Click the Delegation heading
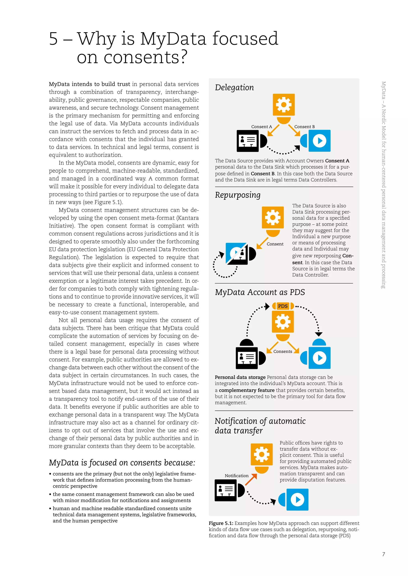(x=234, y=88)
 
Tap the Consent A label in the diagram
(x=262, y=127)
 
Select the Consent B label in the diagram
(x=304, y=127)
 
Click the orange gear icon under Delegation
(x=284, y=105)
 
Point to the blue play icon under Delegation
(x=319, y=141)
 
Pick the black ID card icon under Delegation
(x=248, y=141)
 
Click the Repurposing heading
(x=238, y=195)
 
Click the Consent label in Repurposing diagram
(x=275, y=244)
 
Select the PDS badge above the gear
(x=283, y=306)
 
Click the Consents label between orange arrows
(x=283, y=351)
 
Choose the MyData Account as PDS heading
(x=260, y=292)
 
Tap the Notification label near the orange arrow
(x=236, y=476)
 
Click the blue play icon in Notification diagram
(x=297, y=499)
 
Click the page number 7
(x=383, y=554)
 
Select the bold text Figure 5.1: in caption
(x=221, y=523)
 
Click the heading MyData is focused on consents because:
(x=122, y=463)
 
